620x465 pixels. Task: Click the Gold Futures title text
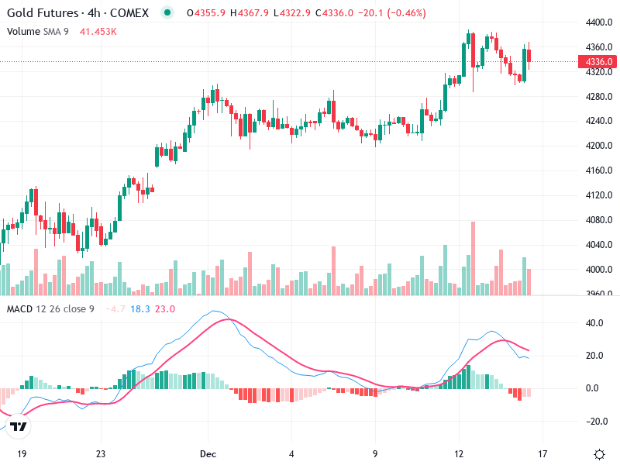[43, 13]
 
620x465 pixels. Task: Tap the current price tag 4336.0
[599, 62]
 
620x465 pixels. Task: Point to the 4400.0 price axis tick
[599, 22]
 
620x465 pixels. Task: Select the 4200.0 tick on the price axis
[599, 146]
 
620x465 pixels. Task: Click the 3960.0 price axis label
[599, 294]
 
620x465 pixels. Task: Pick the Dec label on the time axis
[207, 454]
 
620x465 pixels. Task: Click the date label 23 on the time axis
[100, 454]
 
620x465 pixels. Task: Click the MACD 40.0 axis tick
[595, 323]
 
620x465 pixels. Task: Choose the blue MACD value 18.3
[140, 309]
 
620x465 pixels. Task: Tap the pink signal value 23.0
[166, 309]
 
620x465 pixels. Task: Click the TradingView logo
[19, 425]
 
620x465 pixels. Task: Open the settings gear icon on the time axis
[599, 454]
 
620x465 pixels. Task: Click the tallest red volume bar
[473, 258]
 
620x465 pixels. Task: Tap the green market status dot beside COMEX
[167, 13]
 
